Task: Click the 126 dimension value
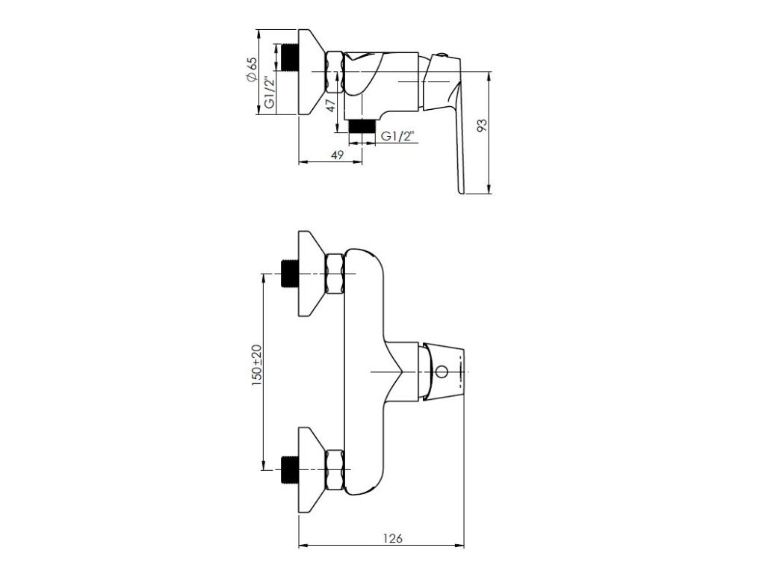(393, 538)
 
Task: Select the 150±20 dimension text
(257, 365)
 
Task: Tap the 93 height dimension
(482, 126)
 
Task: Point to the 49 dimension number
(337, 155)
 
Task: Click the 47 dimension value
(331, 105)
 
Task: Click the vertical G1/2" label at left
(269, 93)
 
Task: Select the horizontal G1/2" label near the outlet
(397, 136)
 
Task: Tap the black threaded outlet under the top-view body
(362, 126)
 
